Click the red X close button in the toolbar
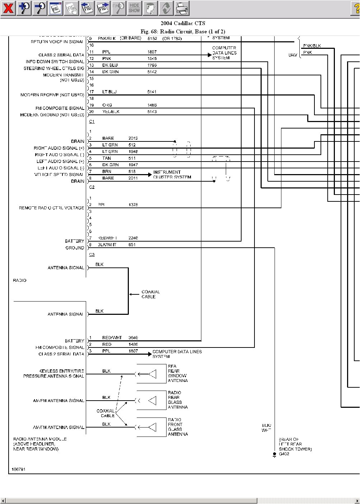click(x=8, y=8)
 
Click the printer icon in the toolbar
click(x=182, y=8)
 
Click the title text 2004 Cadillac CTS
click(x=183, y=23)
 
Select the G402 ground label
click(x=284, y=454)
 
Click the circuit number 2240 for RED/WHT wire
click(x=133, y=238)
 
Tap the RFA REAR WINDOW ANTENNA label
click(x=177, y=373)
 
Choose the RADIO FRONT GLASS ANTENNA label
click(x=177, y=427)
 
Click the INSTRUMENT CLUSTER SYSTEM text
click(x=172, y=174)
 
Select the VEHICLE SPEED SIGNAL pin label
click(x=59, y=174)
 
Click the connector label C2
click(x=92, y=187)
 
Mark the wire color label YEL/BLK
click(x=111, y=112)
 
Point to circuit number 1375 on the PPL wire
click(x=133, y=205)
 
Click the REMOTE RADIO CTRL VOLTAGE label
click(x=52, y=208)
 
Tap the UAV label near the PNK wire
click(x=293, y=55)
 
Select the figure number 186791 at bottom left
click(x=18, y=469)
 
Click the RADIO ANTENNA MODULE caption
click(x=40, y=444)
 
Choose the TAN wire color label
click(x=107, y=158)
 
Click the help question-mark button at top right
click(x=356, y=8)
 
